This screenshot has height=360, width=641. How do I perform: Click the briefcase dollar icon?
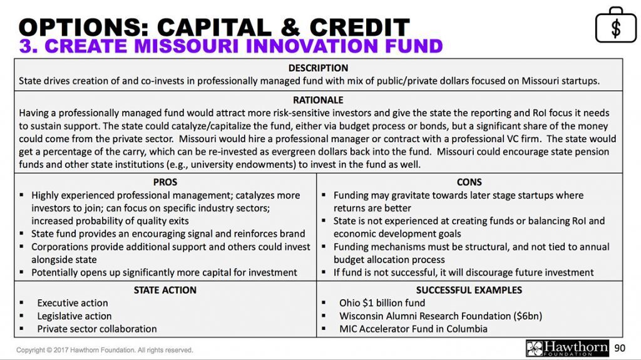pos(615,25)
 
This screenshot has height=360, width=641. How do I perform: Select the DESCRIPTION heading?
pos(318,68)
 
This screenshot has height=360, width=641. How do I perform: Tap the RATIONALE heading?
pos(318,100)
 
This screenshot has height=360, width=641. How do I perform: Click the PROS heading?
pos(165,182)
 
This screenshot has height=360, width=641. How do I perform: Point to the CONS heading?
pos(469,182)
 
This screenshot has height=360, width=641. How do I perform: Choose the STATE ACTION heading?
pos(165,290)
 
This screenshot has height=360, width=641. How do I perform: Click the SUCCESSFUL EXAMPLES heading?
pos(469,290)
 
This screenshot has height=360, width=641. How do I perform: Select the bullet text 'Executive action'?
pos(72,303)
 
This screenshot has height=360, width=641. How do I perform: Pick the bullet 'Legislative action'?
pos(74,316)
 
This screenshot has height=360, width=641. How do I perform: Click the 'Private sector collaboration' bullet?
pos(96,329)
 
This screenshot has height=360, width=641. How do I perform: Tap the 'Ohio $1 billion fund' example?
pos(382,303)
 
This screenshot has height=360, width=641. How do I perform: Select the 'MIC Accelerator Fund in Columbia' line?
pos(413,329)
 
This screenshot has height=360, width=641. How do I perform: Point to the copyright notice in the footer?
pos(105,350)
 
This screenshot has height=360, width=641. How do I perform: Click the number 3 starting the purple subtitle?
pos(26,46)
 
